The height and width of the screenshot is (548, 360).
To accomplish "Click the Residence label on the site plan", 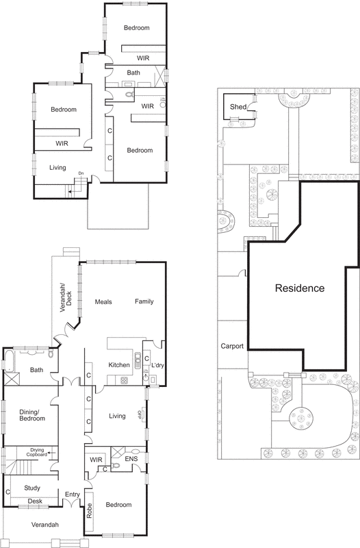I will coord(300,288).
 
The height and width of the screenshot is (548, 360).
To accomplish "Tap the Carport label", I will coord(232,347).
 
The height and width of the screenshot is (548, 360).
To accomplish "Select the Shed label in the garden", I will coord(237,107).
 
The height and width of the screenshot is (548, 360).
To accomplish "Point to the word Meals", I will coord(103,301).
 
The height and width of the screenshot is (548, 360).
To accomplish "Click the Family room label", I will coord(144,301).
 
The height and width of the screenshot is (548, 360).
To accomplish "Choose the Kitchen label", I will coord(119,365).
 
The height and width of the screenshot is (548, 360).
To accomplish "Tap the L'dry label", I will coord(155,365).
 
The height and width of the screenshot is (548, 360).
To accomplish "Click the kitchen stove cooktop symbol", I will coord(125,380).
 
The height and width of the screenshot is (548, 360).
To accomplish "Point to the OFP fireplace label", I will coord(140,415).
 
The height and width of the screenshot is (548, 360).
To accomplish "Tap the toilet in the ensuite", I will coord(117,464).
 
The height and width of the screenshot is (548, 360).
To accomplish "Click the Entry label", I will coord(73,494).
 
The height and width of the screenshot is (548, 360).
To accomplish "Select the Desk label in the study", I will coord(35,501).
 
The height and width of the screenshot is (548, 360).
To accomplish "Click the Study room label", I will coord(31,488).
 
